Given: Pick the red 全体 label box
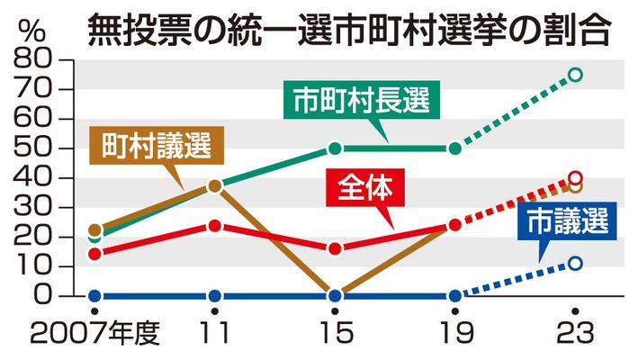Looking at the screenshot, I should [368, 189].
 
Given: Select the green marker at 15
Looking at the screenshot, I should [335, 148].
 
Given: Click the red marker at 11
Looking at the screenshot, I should [214, 225].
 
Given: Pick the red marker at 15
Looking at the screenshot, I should [335, 248].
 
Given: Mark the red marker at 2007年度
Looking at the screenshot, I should [94, 253].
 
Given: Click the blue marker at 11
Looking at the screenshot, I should [214, 296].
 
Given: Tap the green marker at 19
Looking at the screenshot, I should [455, 148].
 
